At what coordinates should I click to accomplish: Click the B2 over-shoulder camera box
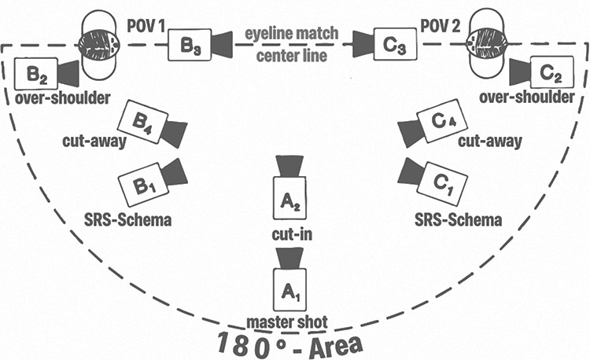pos(35,75)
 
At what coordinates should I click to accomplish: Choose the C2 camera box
pos(551,75)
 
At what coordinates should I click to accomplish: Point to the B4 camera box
pos(143,123)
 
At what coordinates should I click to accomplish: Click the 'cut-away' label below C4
pos(491,141)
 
